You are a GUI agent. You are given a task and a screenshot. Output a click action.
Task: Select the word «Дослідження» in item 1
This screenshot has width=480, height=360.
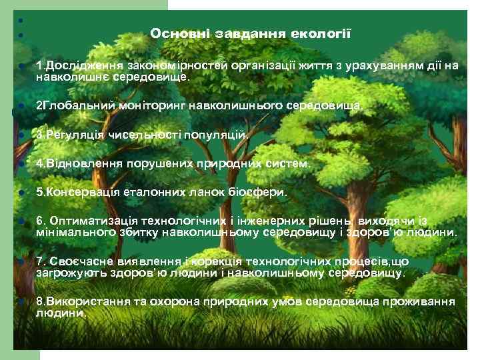(x=76, y=66)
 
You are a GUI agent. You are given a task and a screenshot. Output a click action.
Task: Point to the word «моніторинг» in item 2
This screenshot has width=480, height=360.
(x=155, y=105)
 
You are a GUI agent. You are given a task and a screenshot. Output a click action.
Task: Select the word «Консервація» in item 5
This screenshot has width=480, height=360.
(x=79, y=192)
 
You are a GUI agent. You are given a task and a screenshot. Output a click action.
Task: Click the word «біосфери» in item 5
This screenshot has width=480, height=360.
(x=261, y=192)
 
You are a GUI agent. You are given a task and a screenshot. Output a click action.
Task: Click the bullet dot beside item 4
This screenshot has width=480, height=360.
(x=21, y=164)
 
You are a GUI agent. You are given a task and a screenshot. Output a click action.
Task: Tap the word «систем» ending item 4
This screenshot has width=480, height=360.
(x=291, y=163)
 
